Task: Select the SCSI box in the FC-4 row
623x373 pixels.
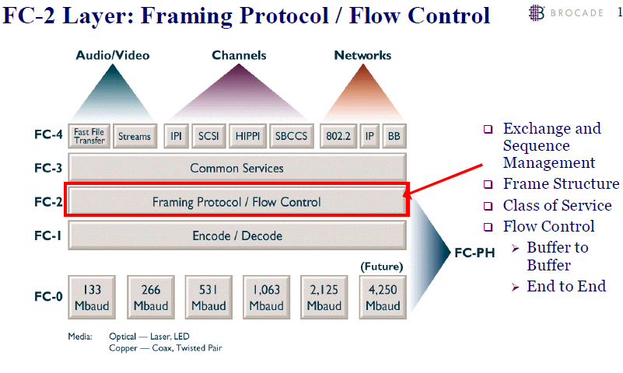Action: (x=208, y=136)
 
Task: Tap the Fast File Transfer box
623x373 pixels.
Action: (x=89, y=136)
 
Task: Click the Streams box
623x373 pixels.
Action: (x=134, y=136)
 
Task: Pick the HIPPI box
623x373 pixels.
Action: (x=248, y=136)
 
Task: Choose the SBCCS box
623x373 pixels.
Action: (x=292, y=136)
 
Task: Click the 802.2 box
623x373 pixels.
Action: (x=338, y=136)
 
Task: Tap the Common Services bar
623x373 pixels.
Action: (x=236, y=168)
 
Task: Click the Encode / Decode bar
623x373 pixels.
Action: (x=236, y=235)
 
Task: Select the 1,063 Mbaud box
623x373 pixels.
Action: (x=266, y=297)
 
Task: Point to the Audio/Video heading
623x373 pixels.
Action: (x=112, y=55)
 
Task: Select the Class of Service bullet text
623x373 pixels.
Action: (x=557, y=205)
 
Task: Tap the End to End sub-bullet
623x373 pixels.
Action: (x=565, y=286)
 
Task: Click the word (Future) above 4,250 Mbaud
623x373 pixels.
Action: (x=381, y=267)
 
